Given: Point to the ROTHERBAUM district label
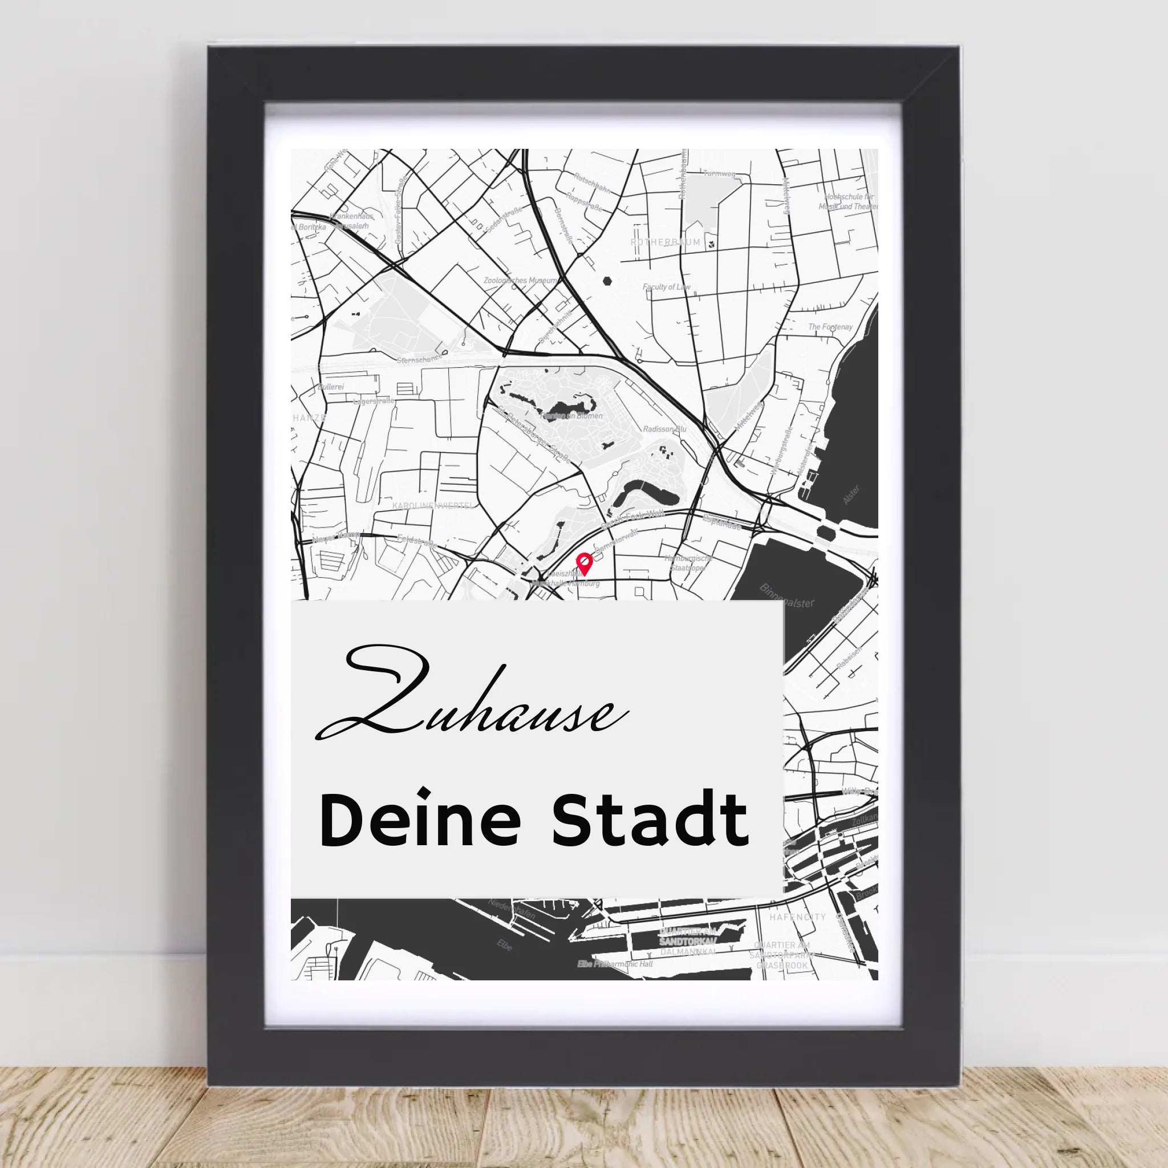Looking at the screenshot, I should [x=665, y=242].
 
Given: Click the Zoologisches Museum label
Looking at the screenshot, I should [x=520, y=281].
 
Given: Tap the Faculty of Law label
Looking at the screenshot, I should [x=666, y=287].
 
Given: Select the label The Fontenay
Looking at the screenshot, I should [x=830, y=327].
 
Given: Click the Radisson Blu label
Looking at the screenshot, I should [x=665, y=429].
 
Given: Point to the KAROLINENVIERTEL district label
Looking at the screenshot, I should [x=433, y=505].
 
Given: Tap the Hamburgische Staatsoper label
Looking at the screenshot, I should [x=687, y=563].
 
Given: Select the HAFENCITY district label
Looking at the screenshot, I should [x=797, y=917].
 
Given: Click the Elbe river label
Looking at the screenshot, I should [x=504, y=944].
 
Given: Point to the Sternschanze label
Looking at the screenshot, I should [x=419, y=360].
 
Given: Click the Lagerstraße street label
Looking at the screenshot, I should [x=373, y=401].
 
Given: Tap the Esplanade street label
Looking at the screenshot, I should [x=723, y=524].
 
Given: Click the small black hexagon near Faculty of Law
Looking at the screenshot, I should [x=607, y=281].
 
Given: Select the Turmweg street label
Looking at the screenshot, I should [x=719, y=174].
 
